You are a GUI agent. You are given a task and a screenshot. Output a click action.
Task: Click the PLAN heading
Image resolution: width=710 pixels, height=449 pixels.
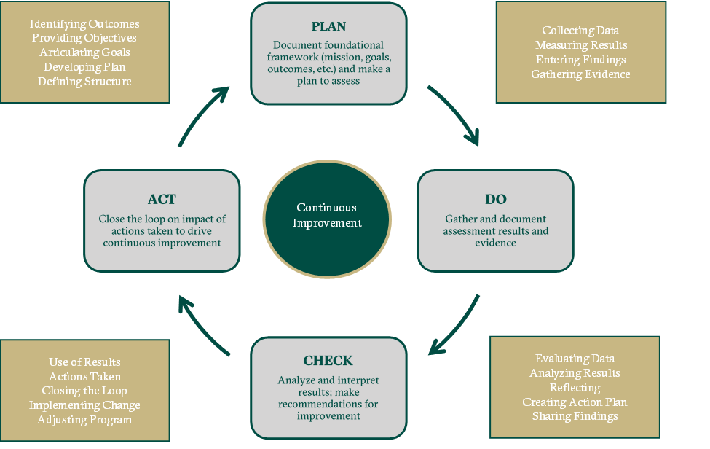tap(328, 27)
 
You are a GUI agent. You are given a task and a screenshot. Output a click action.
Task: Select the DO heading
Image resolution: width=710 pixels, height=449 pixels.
tap(495, 200)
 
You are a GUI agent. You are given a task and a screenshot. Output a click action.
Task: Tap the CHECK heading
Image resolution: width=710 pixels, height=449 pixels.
tap(328, 361)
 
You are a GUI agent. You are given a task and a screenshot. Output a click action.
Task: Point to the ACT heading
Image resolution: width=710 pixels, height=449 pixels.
tap(162, 200)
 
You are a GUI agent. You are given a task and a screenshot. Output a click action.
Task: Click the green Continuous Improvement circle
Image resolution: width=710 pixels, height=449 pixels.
tap(327, 215)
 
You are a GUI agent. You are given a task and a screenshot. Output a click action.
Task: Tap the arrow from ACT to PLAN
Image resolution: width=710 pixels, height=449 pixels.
tap(202, 115)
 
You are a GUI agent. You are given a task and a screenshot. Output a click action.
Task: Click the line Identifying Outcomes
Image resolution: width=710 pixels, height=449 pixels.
tap(84, 24)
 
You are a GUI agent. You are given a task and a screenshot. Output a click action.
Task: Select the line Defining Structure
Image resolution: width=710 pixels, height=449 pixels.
tap(84, 82)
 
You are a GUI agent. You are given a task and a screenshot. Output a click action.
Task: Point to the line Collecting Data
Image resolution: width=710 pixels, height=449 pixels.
tap(580, 31)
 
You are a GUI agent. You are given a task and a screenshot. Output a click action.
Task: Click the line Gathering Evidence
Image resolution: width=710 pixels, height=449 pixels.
tap(580, 74)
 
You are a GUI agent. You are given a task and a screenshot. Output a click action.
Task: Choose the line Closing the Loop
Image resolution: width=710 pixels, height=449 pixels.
tap(84, 391)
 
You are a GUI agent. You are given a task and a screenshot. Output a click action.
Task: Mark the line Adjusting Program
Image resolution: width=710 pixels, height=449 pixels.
tap(84, 420)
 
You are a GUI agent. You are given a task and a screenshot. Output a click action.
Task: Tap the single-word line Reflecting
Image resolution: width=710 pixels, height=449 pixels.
tap(575, 388)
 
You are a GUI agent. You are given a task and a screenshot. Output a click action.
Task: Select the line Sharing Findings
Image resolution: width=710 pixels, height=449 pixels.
tap(575, 416)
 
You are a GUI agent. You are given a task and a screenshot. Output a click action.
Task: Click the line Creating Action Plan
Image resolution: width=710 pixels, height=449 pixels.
tap(575, 402)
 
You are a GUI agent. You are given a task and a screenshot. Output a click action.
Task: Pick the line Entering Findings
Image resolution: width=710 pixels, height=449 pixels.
tap(580, 60)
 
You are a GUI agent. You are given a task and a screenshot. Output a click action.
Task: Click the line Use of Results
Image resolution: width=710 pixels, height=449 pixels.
tap(84, 362)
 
